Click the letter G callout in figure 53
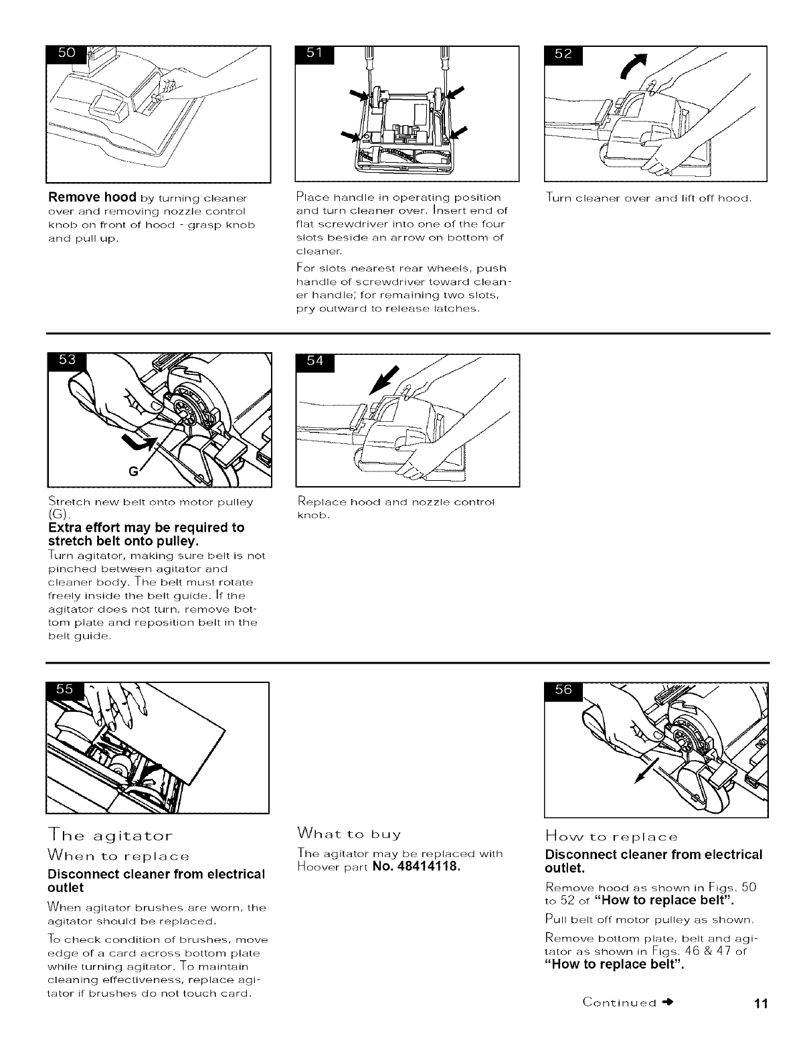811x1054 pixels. (x=134, y=471)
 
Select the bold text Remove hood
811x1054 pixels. (x=91, y=198)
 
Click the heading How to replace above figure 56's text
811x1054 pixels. (x=612, y=836)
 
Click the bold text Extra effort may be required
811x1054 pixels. (x=146, y=528)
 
